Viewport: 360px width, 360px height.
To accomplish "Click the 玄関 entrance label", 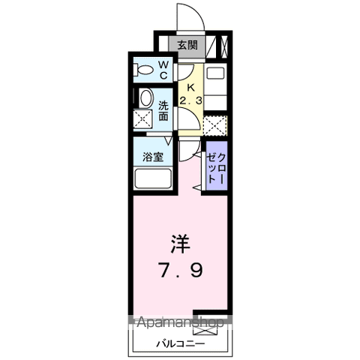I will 187,45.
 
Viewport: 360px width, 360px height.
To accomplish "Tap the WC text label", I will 163,70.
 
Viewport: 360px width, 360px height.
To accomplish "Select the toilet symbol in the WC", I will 143,70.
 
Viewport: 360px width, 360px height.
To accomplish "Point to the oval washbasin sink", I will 145,97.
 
